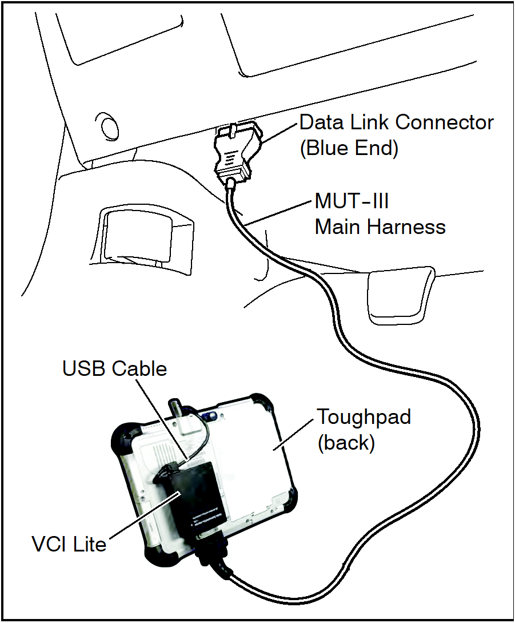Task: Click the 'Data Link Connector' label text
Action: click(x=396, y=122)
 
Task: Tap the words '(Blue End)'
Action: click(x=348, y=148)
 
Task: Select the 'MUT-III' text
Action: click(x=353, y=202)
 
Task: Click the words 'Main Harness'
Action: click(x=380, y=227)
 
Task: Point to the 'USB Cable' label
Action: click(x=114, y=368)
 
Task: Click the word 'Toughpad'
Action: click(x=364, y=416)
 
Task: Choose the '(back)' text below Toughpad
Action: click(x=346, y=442)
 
